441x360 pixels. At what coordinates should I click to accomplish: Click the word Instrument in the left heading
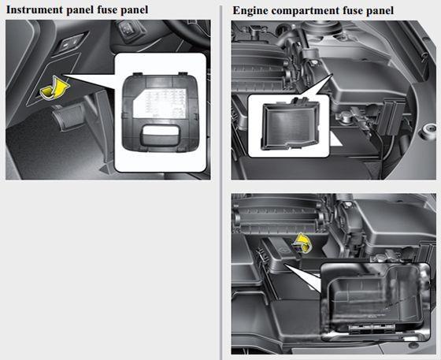(35, 9)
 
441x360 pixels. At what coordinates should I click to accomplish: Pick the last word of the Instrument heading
(134, 10)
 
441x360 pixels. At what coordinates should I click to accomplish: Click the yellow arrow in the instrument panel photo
(54, 88)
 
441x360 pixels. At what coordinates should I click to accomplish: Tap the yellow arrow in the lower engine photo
(302, 243)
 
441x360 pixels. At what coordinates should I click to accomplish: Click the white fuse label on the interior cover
(160, 103)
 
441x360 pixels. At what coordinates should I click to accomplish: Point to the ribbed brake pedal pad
(69, 116)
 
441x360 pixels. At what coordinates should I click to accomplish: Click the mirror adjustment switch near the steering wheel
(128, 29)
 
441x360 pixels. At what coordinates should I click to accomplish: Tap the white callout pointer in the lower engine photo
(303, 278)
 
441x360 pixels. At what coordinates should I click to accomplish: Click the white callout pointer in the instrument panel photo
(90, 82)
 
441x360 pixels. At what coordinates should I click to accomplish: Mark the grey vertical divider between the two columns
(221, 183)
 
